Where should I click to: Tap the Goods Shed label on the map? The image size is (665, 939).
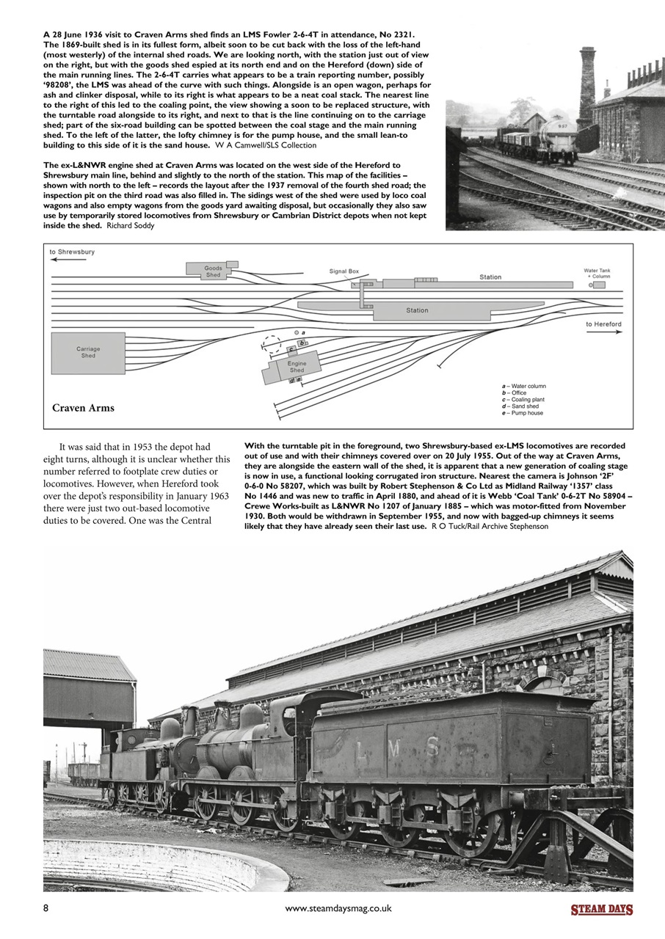click(213, 271)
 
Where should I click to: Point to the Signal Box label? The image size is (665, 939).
click(344, 271)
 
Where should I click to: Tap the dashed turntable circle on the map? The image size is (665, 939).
click(272, 344)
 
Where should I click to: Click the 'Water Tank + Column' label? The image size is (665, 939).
click(596, 273)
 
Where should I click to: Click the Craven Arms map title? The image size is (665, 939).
click(83, 408)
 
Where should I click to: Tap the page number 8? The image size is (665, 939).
click(46, 908)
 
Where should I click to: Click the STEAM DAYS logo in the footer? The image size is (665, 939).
click(602, 910)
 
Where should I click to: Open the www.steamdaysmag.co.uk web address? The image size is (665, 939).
click(338, 908)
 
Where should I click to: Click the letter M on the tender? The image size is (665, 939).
click(393, 747)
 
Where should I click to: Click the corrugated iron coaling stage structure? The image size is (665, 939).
click(88, 690)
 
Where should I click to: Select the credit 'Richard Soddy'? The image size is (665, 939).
click(130, 225)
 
